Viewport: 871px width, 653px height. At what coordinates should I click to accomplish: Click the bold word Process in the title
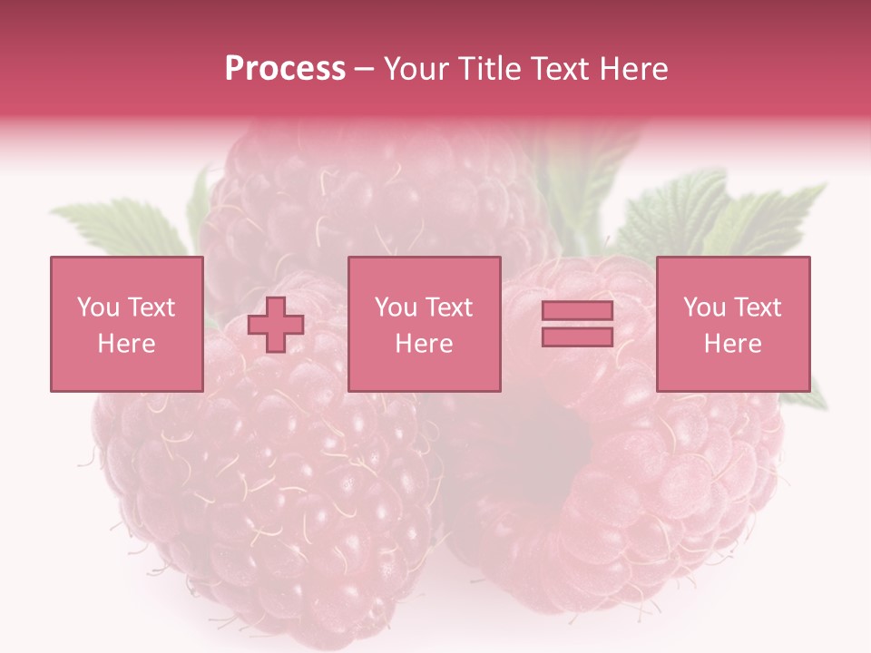(285, 69)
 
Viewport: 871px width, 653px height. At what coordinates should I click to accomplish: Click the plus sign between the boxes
(276, 325)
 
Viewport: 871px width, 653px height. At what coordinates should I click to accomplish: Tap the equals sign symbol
(577, 324)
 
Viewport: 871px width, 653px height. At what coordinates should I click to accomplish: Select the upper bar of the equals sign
(577, 311)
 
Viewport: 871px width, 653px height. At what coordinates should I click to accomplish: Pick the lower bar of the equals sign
(577, 336)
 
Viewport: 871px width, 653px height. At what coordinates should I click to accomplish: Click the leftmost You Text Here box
(127, 324)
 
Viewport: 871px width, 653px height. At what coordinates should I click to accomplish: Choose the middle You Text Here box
(424, 324)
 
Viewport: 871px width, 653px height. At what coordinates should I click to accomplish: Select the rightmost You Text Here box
(733, 324)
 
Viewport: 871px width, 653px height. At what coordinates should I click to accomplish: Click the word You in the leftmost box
(98, 307)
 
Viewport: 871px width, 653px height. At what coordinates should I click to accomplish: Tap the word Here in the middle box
(424, 344)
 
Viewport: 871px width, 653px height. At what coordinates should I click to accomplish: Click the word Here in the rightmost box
(733, 344)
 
